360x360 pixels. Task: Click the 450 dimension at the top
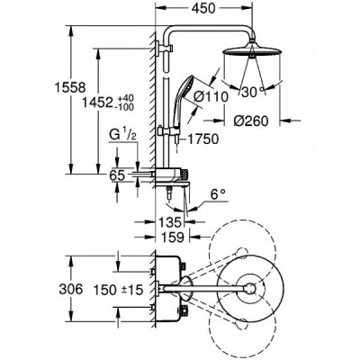203,8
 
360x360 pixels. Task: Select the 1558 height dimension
70,87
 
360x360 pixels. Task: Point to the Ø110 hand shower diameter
211,97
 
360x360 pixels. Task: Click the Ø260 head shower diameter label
251,121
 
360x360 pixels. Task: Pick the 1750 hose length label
203,139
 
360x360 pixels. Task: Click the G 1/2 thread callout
122,136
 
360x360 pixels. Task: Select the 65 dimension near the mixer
117,175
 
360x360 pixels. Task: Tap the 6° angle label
218,195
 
